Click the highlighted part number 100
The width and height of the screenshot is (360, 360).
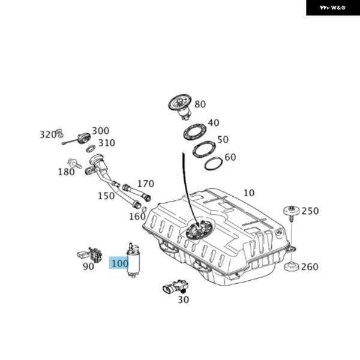(119, 263)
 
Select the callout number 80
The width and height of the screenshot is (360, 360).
(200, 104)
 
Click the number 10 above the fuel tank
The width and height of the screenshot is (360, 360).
(249, 193)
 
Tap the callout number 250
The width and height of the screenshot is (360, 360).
(310, 211)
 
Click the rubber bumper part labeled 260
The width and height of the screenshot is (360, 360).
(292, 266)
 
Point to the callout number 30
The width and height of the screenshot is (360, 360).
(183, 299)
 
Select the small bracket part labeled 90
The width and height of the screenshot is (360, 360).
(91, 254)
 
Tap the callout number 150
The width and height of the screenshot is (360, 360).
(106, 196)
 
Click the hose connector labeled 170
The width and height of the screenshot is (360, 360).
(145, 195)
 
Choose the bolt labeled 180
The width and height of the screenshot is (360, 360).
(74, 163)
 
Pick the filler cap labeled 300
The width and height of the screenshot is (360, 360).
(83, 137)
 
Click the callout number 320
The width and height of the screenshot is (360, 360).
(47, 134)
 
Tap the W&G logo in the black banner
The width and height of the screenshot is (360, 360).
(332, 8)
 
